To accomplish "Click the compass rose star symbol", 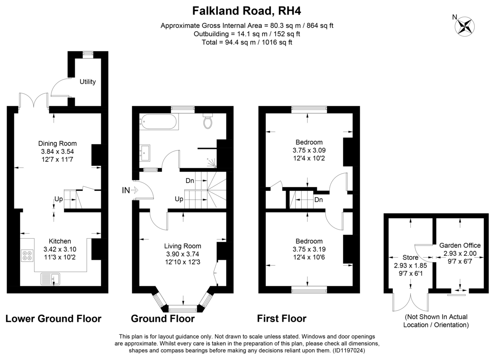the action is (465, 27).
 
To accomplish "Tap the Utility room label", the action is (88, 82).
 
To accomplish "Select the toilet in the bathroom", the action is (208, 121).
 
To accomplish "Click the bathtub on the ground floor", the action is (159, 122).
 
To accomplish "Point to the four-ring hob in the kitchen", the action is (27, 255).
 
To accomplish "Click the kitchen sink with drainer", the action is (50, 279).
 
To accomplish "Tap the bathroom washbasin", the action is (145, 153).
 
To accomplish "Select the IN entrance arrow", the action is (135, 190).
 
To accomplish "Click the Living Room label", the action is (183, 246).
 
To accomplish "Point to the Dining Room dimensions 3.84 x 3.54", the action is (57, 152).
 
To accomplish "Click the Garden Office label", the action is (460, 245).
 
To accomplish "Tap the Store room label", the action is (410, 258).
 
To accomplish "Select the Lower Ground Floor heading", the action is (54, 318).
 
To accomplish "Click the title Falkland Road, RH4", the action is (247, 11).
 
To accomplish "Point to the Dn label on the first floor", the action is (319, 200).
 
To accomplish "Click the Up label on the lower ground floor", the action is (58, 199).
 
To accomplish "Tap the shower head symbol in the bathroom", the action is (212, 163).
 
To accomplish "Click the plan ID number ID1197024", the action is (348, 350).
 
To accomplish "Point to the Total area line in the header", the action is (247, 42).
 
